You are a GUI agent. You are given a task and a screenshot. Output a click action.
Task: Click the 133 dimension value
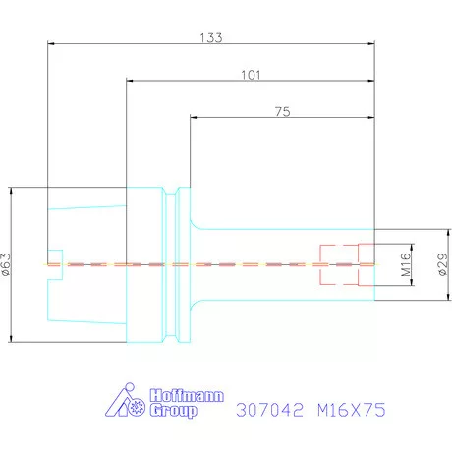pos(211,38)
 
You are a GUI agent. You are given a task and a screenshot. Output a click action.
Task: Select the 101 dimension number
pos(251,75)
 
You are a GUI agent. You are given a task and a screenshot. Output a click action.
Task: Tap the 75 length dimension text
pos(283,112)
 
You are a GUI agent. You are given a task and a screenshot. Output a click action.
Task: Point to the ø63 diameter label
pos(7,264)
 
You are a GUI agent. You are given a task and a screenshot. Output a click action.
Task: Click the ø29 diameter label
pos(442,264)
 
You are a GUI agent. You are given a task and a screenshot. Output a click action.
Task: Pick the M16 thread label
pos(406,264)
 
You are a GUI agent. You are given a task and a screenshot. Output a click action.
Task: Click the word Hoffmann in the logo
pos(187,396)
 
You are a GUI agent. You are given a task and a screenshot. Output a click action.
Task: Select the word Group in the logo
pos(174,411)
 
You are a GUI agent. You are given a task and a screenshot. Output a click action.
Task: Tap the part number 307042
pos(269,410)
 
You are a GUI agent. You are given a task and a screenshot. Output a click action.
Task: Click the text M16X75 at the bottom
pos(352,410)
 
